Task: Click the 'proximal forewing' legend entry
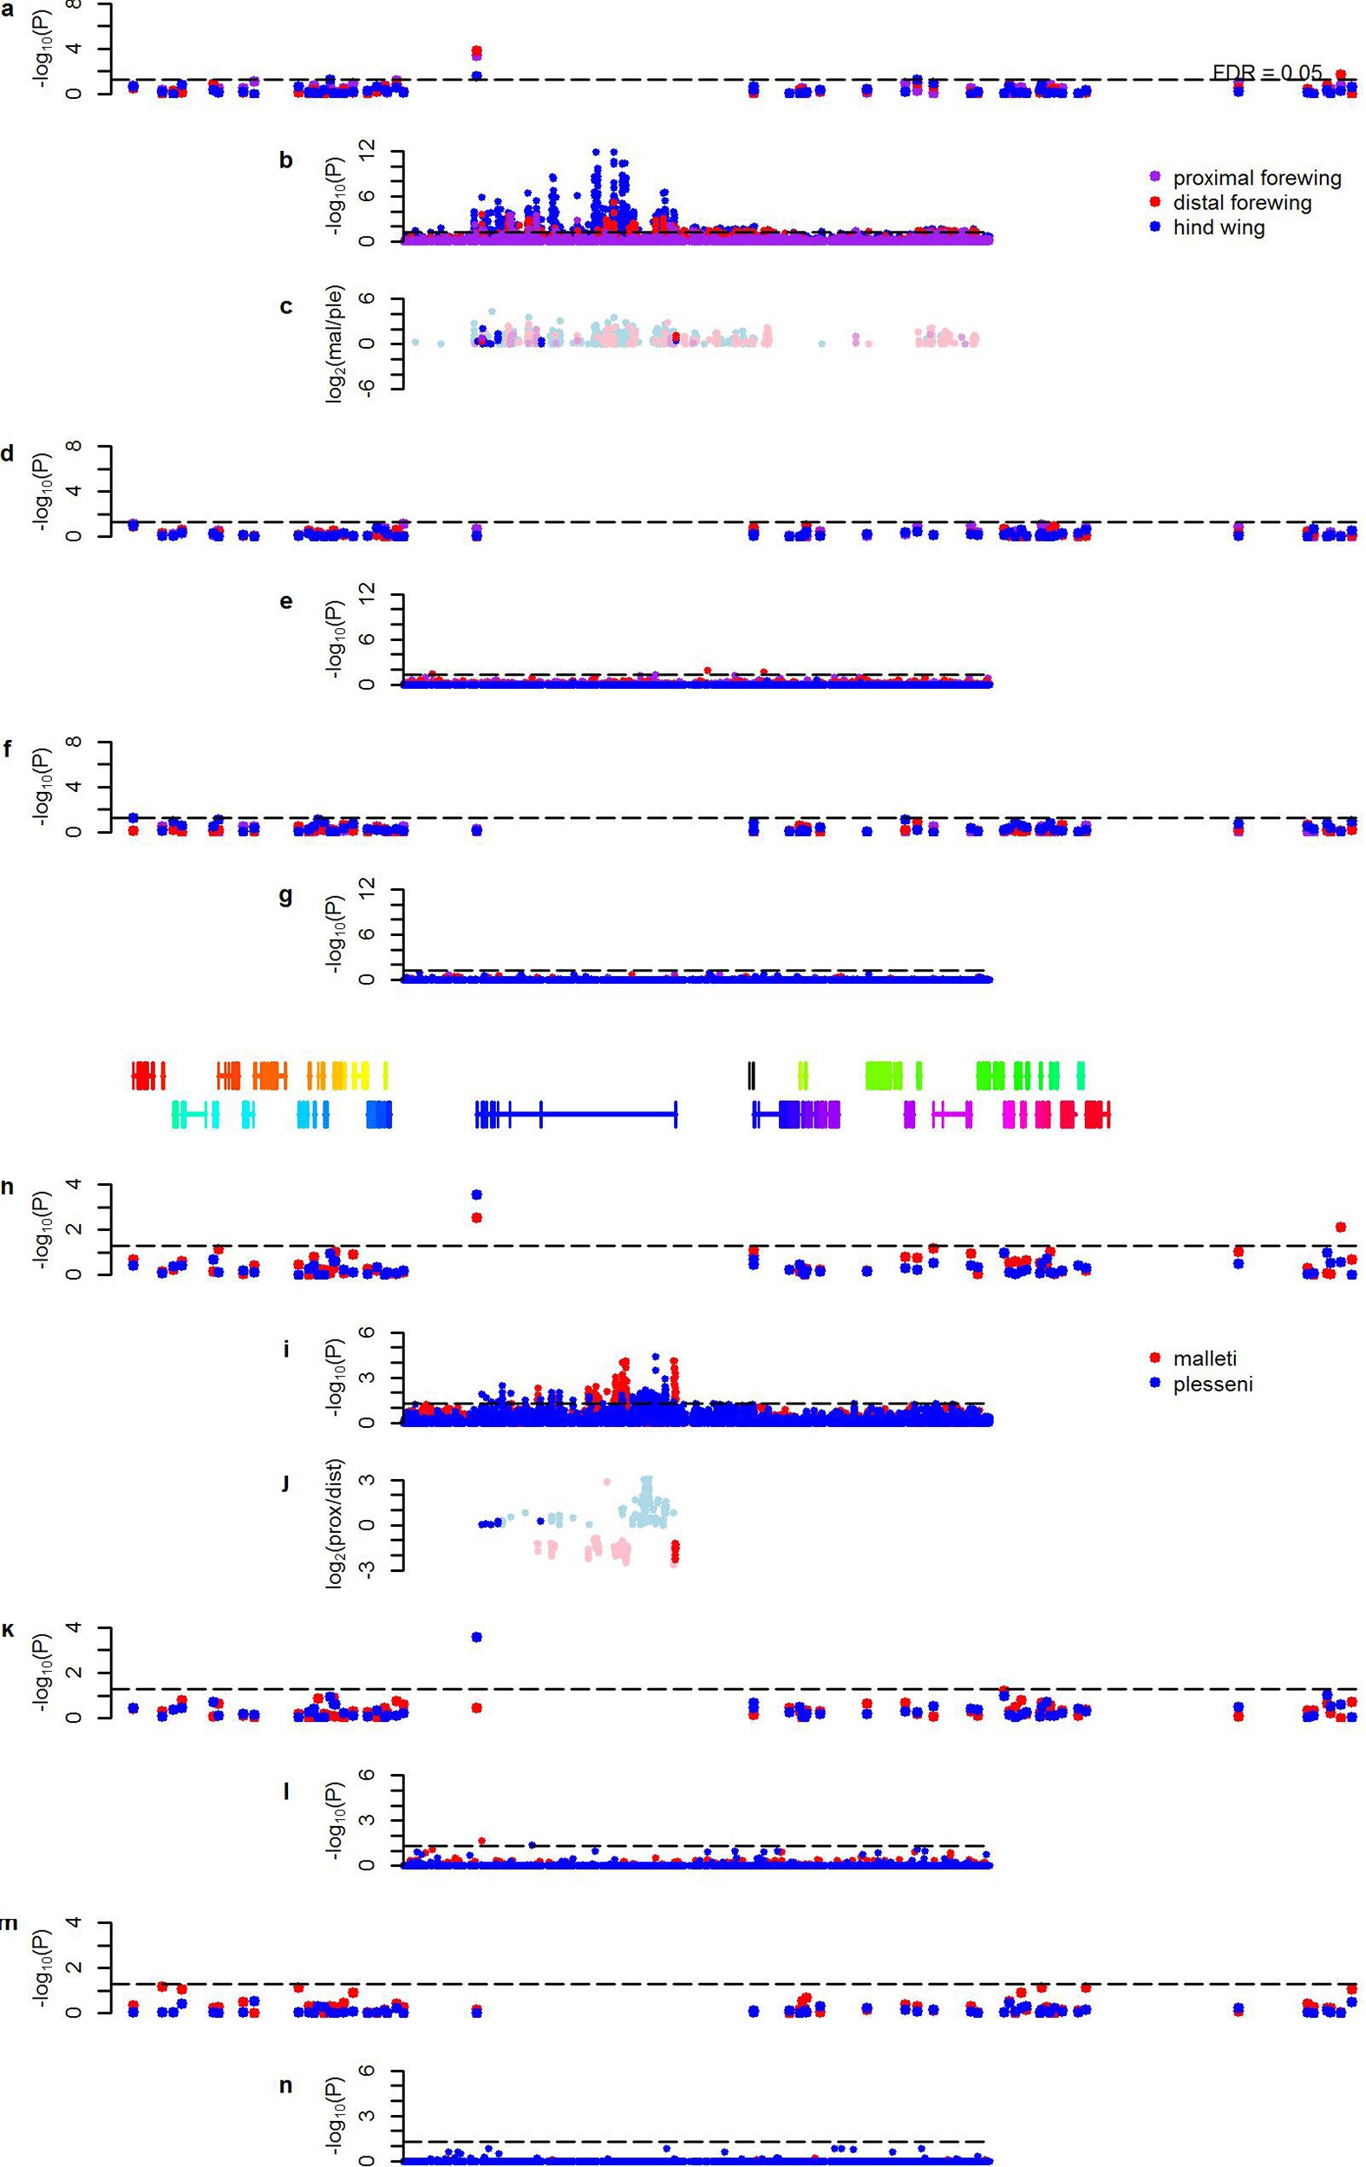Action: tap(1256, 177)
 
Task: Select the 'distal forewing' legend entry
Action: tap(1242, 202)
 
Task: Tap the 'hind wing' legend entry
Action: tap(1219, 227)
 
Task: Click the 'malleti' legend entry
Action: tap(1205, 1358)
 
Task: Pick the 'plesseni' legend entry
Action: tap(1212, 1383)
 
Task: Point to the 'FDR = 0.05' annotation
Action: tap(1267, 72)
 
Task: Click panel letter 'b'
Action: tap(285, 161)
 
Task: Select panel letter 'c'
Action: tap(285, 307)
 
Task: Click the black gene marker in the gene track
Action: tap(751, 1076)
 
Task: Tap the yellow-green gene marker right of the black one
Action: tap(802, 1076)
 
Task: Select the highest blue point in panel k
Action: tap(476, 1637)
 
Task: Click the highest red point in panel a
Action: tap(476, 50)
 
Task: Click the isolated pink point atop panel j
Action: tap(606, 1482)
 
